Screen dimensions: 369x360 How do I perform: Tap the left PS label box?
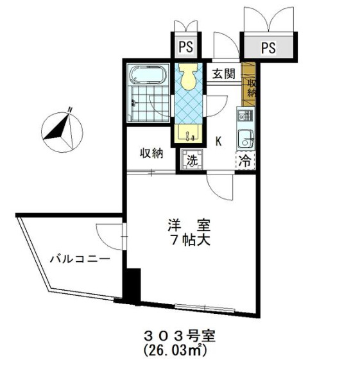point(185,47)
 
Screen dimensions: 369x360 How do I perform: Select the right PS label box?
point(268,47)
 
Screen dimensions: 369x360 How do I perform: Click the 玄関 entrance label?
point(224,74)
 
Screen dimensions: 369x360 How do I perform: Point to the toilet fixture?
point(188,77)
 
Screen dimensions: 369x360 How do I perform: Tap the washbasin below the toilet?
point(188,135)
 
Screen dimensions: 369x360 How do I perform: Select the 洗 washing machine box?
point(192,159)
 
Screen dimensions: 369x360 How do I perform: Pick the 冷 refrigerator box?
point(246,160)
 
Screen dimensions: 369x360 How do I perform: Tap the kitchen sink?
point(246,138)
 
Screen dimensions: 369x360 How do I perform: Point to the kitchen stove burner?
point(245,116)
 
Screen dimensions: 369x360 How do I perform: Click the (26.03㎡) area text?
point(175,350)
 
